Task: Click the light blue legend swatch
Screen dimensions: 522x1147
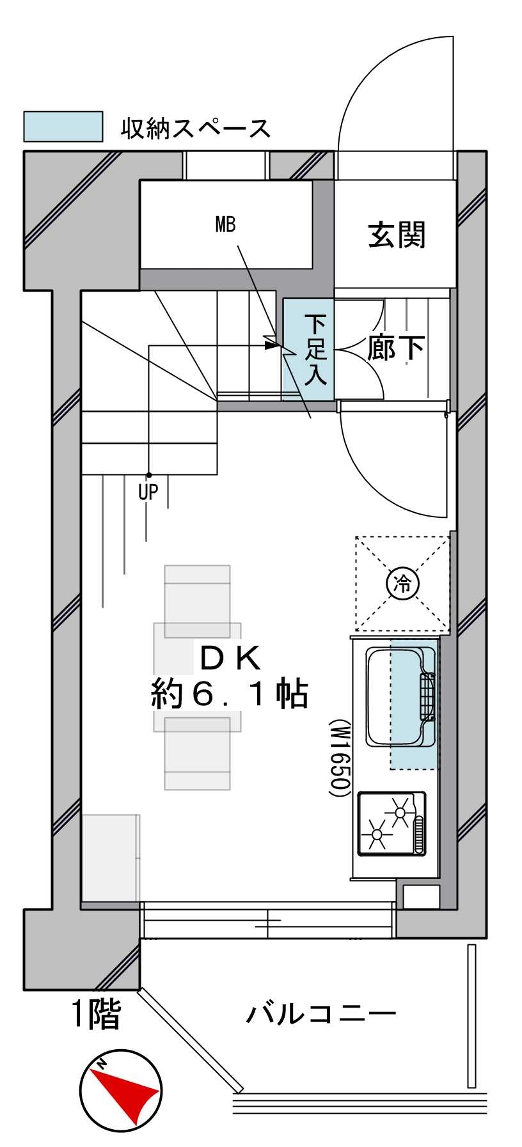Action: click(63, 127)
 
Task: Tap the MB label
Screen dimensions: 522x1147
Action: click(225, 224)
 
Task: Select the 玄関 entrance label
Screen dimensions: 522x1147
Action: click(397, 235)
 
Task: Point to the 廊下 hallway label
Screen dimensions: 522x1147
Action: click(396, 348)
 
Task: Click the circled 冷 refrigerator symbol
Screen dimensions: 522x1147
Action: click(402, 583)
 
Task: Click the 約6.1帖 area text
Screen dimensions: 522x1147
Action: click(230, 694)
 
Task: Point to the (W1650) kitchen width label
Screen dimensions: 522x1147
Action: click(339, 758)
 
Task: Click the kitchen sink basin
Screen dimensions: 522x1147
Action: click(401, 696)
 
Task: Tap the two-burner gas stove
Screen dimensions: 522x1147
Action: click(391, 823)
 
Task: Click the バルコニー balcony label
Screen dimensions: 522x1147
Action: click(321, 1013)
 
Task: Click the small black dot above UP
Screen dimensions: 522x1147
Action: click(148, 475)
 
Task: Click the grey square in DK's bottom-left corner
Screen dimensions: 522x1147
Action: click(110, 857)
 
